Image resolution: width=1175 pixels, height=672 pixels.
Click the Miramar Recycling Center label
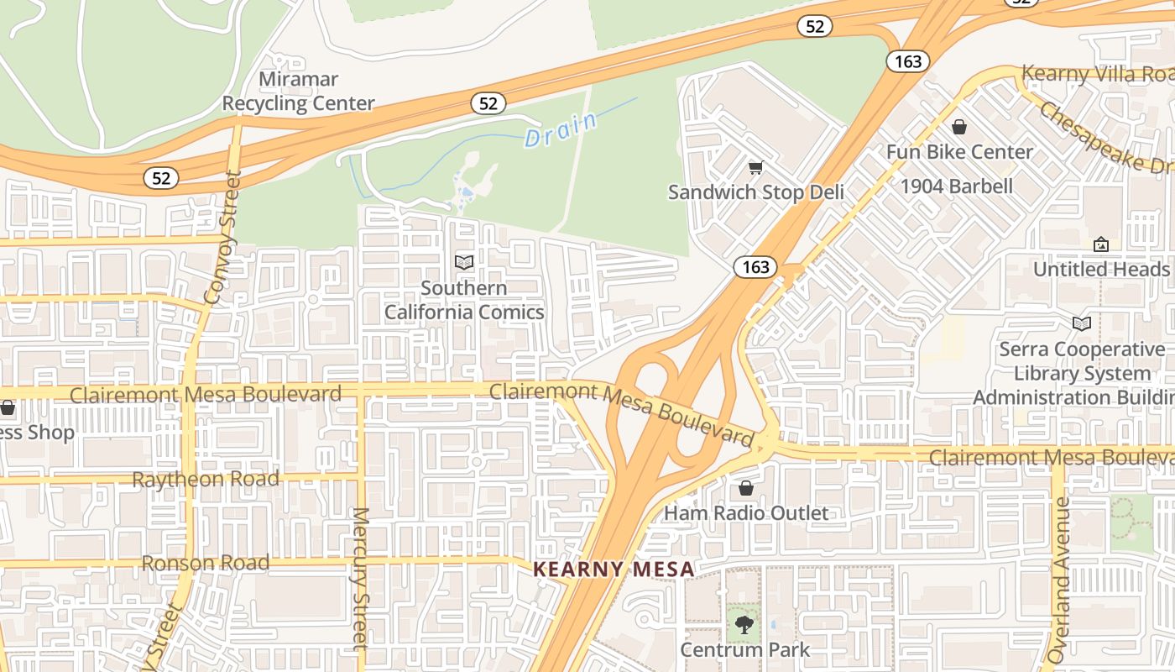tap(298, 92)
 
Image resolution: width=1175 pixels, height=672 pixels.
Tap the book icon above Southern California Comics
tap(464, 262)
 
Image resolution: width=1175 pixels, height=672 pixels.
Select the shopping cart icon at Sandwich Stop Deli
tap(755, 168)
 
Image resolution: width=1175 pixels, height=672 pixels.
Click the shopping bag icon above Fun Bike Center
tap(959, 127)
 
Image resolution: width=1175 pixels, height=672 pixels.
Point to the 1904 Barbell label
tap(957, 186)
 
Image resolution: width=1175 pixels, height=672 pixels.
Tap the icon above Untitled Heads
tap(1101, 244)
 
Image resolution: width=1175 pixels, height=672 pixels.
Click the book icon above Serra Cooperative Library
tap(1082, 323)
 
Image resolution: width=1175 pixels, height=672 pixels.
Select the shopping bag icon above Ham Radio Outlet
tap(746, 488)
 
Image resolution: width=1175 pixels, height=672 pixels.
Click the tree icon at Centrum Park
tap(744, 625)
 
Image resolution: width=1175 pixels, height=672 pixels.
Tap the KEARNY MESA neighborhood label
tap(614, 570)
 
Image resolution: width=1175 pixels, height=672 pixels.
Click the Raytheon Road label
tap(206, 480)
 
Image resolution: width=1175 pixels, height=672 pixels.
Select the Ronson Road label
tap(206, 563)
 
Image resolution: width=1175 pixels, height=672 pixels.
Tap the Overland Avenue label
tap(1061, 580)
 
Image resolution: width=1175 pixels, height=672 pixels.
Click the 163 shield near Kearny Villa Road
tap(908, 60)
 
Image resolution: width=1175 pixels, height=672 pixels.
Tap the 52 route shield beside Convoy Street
tap(160, 178)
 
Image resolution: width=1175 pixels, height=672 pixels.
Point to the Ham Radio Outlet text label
tap(746, 513)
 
